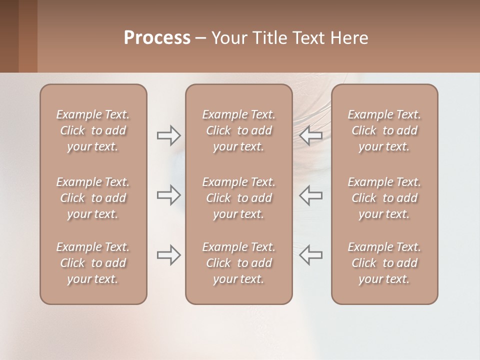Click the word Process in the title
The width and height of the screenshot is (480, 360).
pos(157,38)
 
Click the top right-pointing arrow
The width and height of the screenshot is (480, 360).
pos(169,135)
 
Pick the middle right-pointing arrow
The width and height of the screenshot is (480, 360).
pos(169,195)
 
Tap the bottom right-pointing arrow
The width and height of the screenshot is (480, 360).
pos(169,255)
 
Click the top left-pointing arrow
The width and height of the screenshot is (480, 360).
pos(311,135)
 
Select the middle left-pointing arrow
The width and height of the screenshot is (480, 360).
pos(311,195)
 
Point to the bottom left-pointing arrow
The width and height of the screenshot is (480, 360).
pos(311,255)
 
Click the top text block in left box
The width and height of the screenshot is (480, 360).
pos(93,130)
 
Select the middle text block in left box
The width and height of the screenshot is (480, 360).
pos(93,198)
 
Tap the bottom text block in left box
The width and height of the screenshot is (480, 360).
pos(93,263)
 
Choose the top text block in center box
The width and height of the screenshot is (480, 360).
pos(238,130)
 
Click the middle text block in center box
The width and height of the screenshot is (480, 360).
pos(238,198)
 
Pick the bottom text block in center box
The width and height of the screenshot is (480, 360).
pos(238,263)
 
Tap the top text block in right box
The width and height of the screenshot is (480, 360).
pos(384,130)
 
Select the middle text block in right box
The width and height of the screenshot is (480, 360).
pos(384,198)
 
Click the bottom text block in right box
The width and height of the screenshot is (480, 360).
pos(384,263)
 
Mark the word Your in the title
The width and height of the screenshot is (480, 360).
pos(228,38)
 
